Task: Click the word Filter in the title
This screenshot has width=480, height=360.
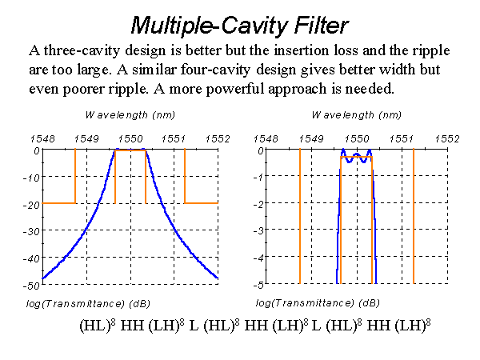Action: pos(321,25)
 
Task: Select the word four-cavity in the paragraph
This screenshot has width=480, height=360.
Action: pos(216,70)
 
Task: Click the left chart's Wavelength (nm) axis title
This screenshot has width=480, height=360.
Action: pos(130,115)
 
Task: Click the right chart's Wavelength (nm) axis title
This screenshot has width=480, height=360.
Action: pos(357,115)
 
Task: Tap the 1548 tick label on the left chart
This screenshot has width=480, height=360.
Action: pos(42,139)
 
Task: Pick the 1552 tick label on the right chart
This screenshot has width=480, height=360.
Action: pos(447,139)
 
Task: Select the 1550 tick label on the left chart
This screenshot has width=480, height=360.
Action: pos(130,139)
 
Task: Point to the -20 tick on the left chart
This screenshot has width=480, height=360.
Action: pos(31,205)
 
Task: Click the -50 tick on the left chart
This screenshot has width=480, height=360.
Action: pos(31,286)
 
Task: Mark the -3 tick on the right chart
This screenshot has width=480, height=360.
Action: pos(258,230)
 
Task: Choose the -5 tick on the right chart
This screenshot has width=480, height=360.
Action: pos(258,286)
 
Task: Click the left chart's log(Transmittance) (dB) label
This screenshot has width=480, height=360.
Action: pos(88,304)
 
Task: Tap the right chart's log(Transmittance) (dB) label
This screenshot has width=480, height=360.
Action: pos(318,303)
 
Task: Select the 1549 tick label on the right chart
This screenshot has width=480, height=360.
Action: pos(311,139)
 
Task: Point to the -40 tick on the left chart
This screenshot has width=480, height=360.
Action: pos(31,258)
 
